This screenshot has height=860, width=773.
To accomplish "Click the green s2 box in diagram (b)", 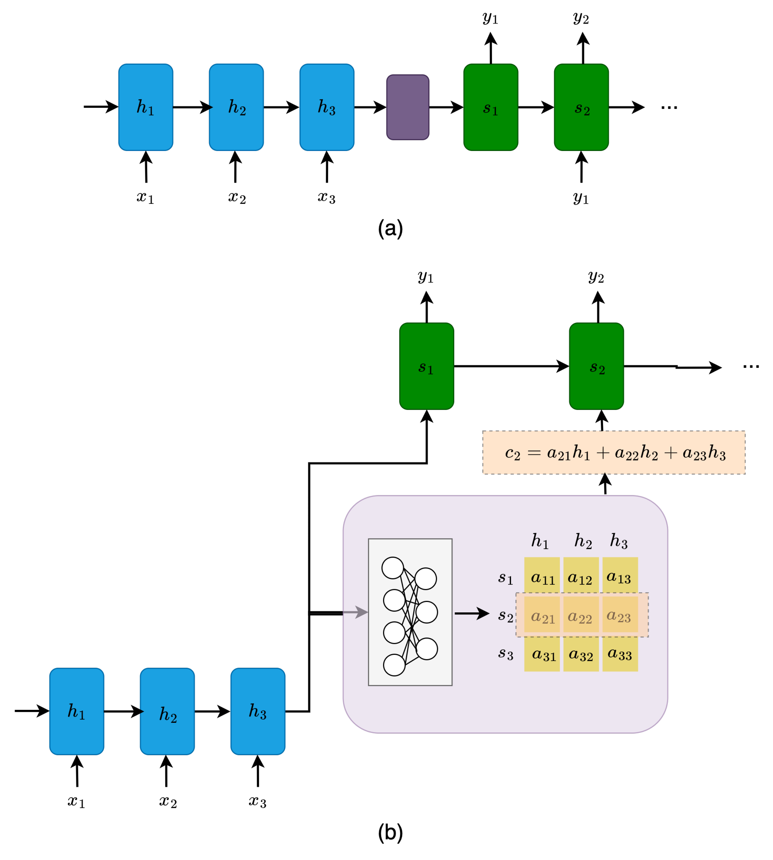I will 596,366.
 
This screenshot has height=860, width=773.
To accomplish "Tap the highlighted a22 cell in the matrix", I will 581,616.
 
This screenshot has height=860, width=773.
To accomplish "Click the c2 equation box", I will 614,453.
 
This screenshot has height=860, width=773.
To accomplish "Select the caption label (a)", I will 390,228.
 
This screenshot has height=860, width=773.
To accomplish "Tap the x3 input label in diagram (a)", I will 327,198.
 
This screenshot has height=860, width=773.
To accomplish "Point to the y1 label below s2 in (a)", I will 581,198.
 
